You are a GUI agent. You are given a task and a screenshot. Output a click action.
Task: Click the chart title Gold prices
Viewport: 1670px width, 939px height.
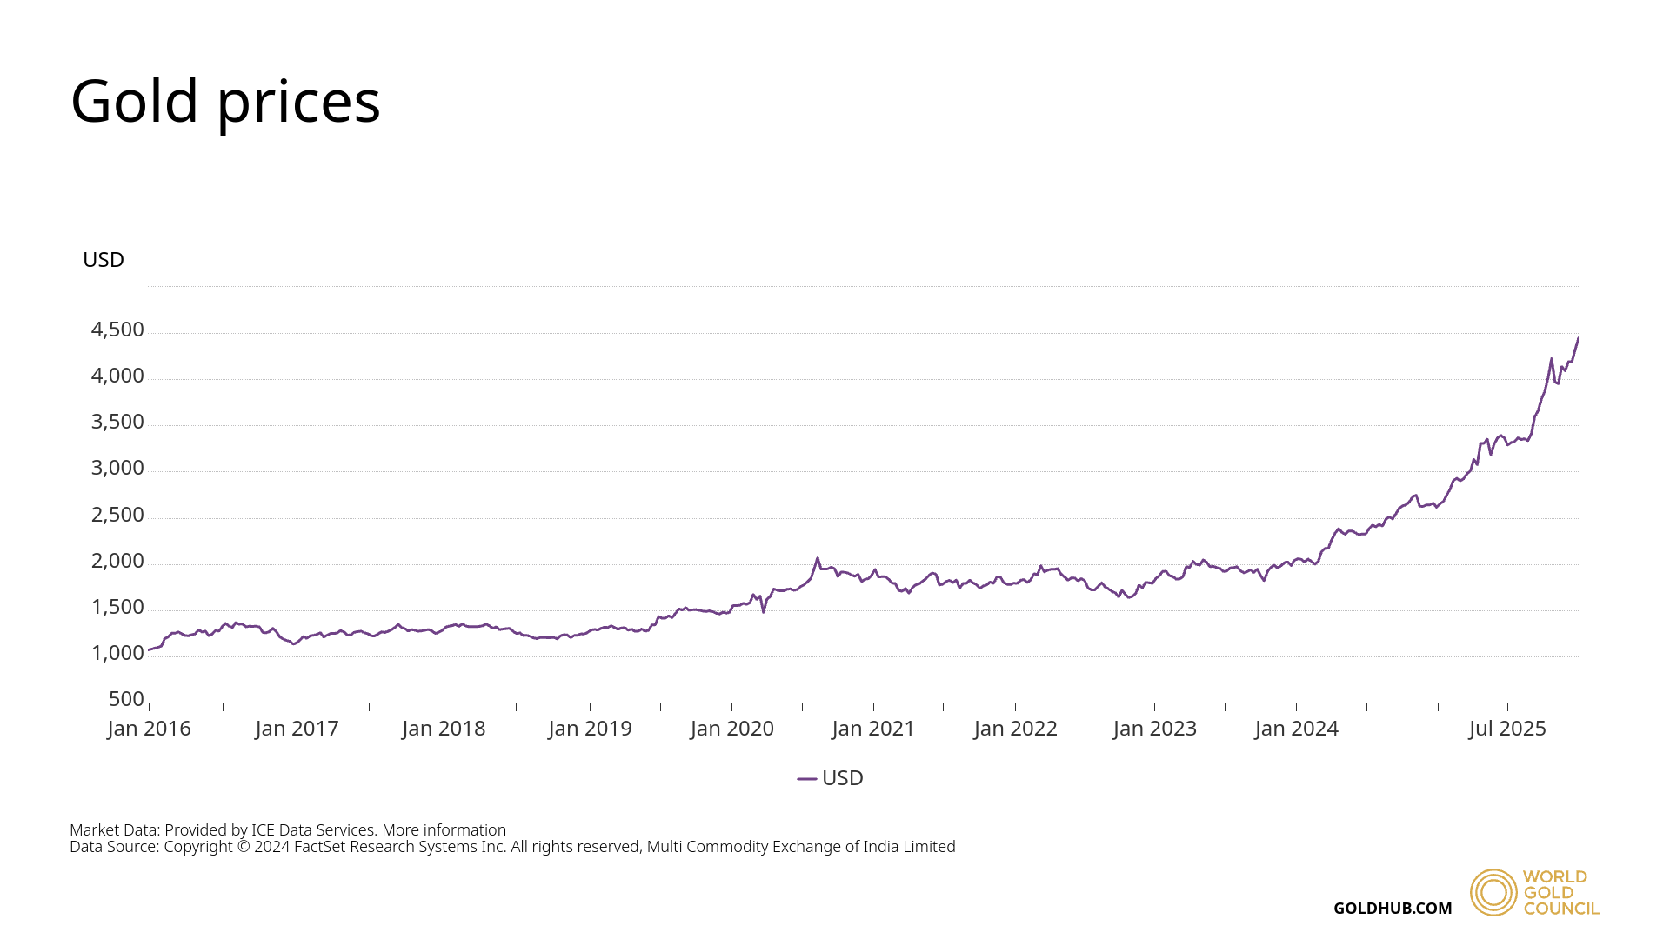pyautogui.click(x=225, y=102)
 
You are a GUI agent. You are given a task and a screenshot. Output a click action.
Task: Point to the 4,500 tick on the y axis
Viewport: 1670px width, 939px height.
pyautogui.click(x=117, y=330)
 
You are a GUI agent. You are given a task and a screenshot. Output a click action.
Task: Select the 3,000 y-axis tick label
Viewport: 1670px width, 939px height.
pyautogui.click(x=117, y=469)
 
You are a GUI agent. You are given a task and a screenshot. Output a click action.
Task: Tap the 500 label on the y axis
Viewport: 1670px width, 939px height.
pyautogui.click(x=126, y=699)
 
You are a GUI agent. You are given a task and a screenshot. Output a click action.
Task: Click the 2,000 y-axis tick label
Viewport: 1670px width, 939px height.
pyautogui.click(x=117, y=561)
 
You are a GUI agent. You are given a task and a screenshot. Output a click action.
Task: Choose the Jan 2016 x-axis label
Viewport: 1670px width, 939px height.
pyautogui.click(x=150, y=729)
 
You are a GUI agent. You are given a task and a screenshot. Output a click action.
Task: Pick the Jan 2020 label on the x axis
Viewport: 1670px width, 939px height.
pyautogui.click(x=732, y=729)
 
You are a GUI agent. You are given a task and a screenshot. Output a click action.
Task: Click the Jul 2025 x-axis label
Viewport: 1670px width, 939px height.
pyautogui.click(x=1507, y=729)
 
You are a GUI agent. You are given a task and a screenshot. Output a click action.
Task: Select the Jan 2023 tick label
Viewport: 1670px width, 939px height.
pyautogui.click(x=1155, y=729)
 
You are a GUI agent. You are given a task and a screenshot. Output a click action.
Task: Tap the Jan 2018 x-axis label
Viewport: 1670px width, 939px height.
pyautogui.click(x=444, y=729)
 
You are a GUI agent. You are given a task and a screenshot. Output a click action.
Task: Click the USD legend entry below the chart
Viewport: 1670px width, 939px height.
pyautogui.click(x=831, y=778)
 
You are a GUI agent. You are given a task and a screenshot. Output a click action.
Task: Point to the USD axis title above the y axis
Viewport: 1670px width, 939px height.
pyautogui.click(x=104, y=260)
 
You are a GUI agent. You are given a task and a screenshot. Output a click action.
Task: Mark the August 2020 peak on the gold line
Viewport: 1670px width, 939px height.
pyautogui.click(x=818, y=558)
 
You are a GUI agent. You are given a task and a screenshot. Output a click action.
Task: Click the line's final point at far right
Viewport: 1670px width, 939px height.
pyautogui.click(x=1578, y=338)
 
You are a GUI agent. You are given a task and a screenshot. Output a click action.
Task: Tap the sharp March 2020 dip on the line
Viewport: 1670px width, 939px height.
pyautogui.click(x=764, y=612)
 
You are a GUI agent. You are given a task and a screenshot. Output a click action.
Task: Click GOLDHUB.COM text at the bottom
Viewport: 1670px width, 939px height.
pyautogui.click(x=1393, y=909)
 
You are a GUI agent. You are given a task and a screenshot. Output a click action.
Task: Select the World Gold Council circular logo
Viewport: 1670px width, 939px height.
pyautogui.click(x=1493, y=892)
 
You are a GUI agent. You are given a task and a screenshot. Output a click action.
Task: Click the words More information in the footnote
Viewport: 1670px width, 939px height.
pyautogui.click(x=444, y=830)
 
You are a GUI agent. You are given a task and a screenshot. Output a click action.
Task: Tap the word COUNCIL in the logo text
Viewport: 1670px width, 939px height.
pyautogui.click(x=1561, y=909)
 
